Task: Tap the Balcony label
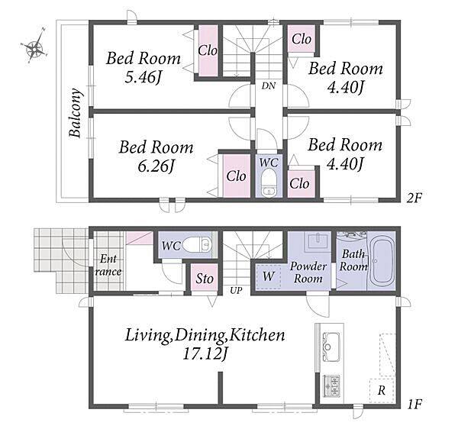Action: click(75, 112)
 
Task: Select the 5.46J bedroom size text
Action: click(144, 78)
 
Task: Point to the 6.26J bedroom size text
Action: click(156, 166)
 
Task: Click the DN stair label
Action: click(268, 85)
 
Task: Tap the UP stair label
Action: click(236, 291)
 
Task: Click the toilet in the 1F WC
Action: click(197, 244)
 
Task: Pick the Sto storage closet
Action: click(205, 277)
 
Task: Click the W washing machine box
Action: click(268, 276)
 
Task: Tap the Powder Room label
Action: click(308, 273)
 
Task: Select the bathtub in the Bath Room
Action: click(381, 261)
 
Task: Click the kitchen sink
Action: click(331, 347)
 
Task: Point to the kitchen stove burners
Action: click(331, 385)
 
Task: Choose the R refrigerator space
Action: click(382, 391)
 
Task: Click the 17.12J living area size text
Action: click(205, 354)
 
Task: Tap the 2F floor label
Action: click(414, 198)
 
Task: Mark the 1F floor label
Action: click(414, 404)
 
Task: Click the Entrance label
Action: click(108, 265)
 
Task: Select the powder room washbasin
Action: click(318, 241)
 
